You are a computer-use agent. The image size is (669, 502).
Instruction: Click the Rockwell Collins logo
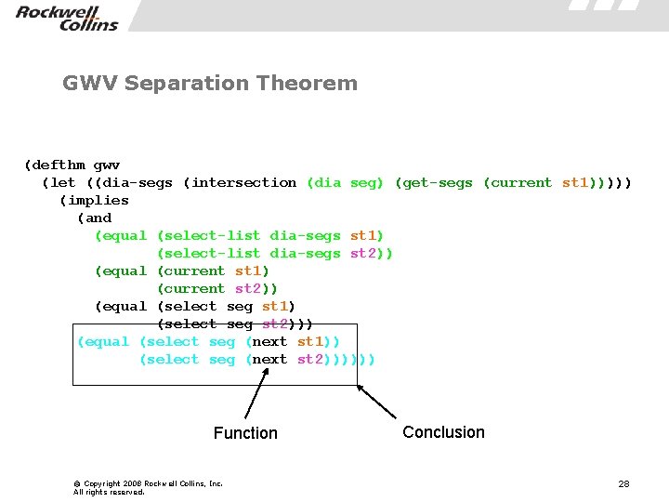pyautogui.click(x=66, y=17)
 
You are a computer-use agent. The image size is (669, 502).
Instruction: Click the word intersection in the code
pyautogui.click(x=243, y=182)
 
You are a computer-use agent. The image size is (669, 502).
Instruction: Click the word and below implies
pyautogui.click(x=98, y=218)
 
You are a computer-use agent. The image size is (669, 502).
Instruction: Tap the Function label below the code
pyautogui.click(x=245, y=433)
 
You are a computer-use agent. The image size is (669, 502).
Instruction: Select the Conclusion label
pyautogui.click(x=443, y=432)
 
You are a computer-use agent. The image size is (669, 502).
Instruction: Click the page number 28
pyautogui.click(x=623, y=484)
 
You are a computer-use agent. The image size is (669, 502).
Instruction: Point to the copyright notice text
pyautogui.click(x=148, y=487)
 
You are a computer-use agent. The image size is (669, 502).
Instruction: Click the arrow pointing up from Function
pyautogui.click(x=256, y=394)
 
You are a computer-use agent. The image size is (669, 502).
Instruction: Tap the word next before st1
pyautogui.click(x=269, y=341)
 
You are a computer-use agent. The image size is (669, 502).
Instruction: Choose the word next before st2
pyautogui.click(x=269, y=359)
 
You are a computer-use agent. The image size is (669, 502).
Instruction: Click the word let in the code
pyautogui.click(x=63, y=182)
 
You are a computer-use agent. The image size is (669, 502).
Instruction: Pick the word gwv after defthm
pyautogui.click(x=107, y=165)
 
